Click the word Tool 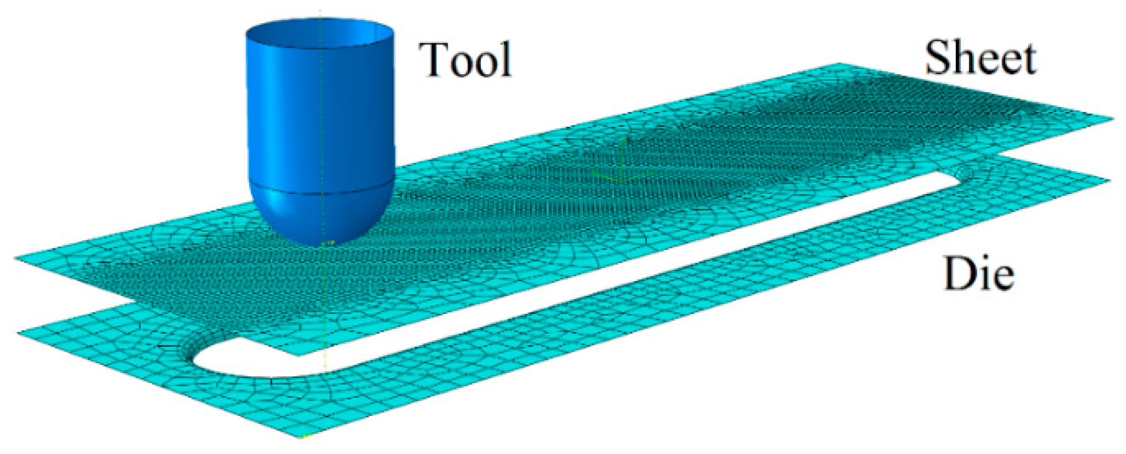tap(465, 60)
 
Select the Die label tap(978, 274)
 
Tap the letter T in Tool tap(433, 60)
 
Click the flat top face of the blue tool tap(320, 31)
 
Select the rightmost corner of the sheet tap(1112, 119)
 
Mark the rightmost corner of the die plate tap(1109, 179)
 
